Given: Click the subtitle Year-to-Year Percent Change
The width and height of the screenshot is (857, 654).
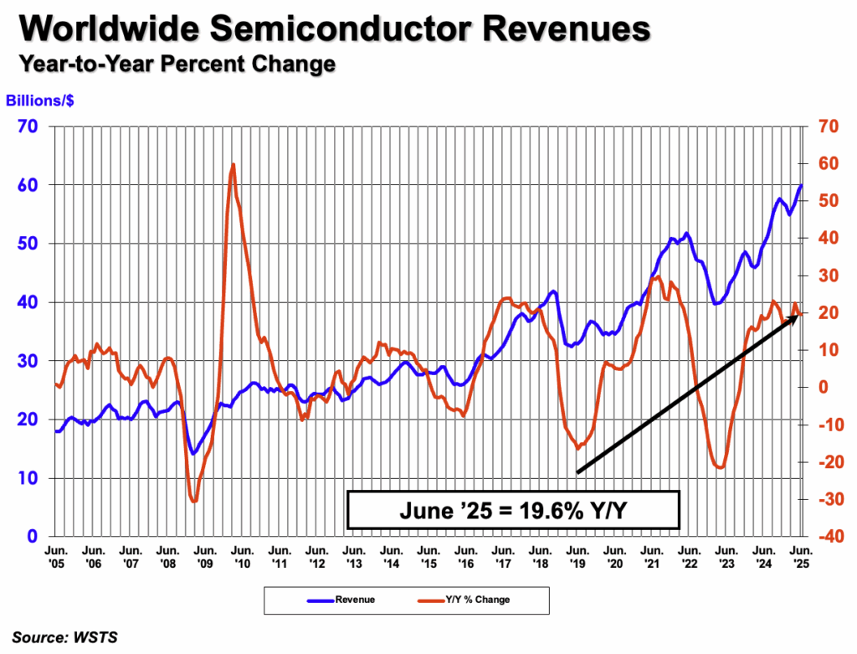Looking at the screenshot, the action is [x=177, y=64].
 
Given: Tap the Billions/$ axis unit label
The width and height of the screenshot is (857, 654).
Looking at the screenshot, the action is [x=40, y=100].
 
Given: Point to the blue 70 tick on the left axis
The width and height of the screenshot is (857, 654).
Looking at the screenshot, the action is [x=28, y=126].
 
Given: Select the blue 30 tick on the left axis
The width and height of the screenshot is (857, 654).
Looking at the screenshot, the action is [x=28, y=361].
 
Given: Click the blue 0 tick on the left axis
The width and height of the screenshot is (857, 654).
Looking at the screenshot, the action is [x=33, y=537].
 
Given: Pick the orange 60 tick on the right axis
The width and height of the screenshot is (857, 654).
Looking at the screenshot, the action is [x=829, y=163].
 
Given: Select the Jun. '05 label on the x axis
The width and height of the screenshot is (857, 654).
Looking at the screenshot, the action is [x=56, y=557].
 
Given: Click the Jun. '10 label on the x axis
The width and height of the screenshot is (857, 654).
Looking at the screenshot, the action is [x=242, y=557].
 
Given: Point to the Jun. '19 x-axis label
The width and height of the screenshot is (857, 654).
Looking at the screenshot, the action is [x=577, y=557].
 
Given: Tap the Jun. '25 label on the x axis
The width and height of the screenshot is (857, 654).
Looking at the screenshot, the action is [x=801, y=557].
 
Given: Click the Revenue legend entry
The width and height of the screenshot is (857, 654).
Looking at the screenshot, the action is [x=341, y=600].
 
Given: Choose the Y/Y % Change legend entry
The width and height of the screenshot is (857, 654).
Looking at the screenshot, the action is [x=464, y=600].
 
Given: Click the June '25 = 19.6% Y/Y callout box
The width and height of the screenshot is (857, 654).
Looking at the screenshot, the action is [x=513, y=510].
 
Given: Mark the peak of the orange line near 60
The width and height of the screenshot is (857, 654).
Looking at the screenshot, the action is [x=233, y=164].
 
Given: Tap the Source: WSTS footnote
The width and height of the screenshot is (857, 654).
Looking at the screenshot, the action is [x=64, y=637].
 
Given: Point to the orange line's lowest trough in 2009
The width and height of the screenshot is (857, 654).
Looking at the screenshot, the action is [x=194, y=501].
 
